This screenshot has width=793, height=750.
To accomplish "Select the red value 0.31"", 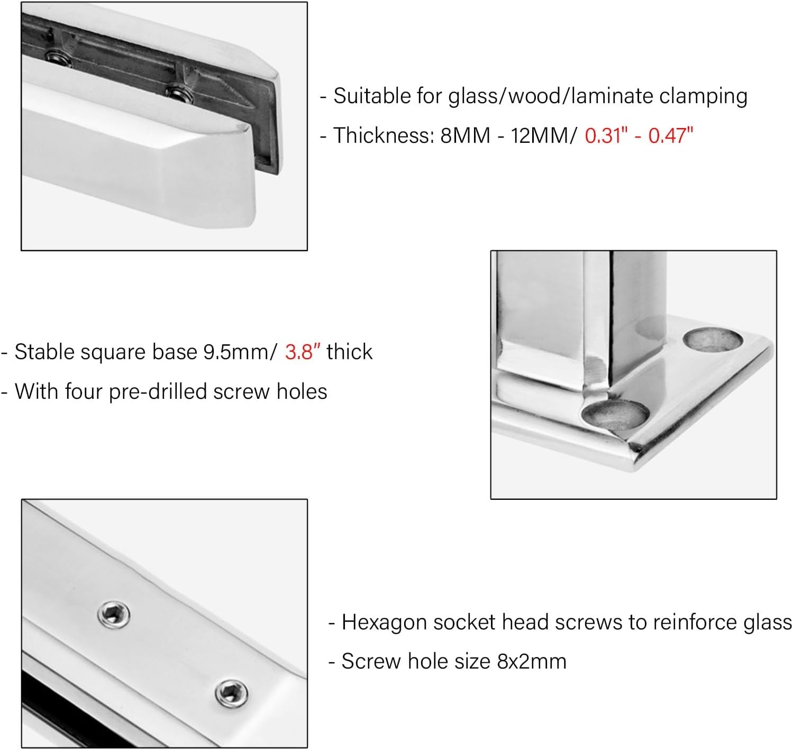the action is point(606,135).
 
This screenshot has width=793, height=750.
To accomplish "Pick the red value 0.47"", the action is point(670,135).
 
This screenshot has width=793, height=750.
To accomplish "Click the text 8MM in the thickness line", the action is point(465,135).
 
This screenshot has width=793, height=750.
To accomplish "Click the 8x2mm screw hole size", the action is point(532,662).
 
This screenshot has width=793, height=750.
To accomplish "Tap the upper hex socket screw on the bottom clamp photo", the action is point(114,615).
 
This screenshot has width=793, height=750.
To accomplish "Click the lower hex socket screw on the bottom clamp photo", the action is point(232,693).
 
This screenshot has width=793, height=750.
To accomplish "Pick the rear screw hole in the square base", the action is point(713,339).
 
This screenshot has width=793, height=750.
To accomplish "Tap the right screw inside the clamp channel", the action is point(179,94).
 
